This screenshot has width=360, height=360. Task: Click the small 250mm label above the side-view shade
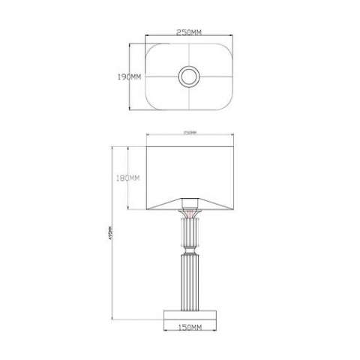pyautogui.click(x=190, y=133)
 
